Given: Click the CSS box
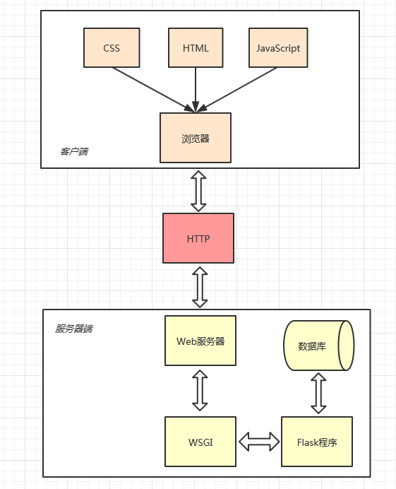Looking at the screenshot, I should coord(112,48).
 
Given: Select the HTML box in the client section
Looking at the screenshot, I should coord(196,48).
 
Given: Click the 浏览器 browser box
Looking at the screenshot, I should coord(196,138).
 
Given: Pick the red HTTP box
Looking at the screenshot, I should coord(198,238).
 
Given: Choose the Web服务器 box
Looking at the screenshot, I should coord(200,341).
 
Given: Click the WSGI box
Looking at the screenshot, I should coord(200,442).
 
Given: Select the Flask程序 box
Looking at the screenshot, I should coord(316,442).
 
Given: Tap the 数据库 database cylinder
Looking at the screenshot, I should coord(312,346).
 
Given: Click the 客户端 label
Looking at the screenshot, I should coord(74,151).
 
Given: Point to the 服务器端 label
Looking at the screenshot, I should coord(74,329).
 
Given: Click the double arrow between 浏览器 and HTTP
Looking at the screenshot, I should coord(198,190).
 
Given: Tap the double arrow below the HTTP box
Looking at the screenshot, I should coord(200,286).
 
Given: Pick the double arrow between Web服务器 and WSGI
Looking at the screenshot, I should coord(200,391).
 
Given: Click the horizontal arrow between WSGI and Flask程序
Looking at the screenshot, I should coord(259,442).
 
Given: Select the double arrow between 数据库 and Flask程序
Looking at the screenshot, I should coord(318,394).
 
